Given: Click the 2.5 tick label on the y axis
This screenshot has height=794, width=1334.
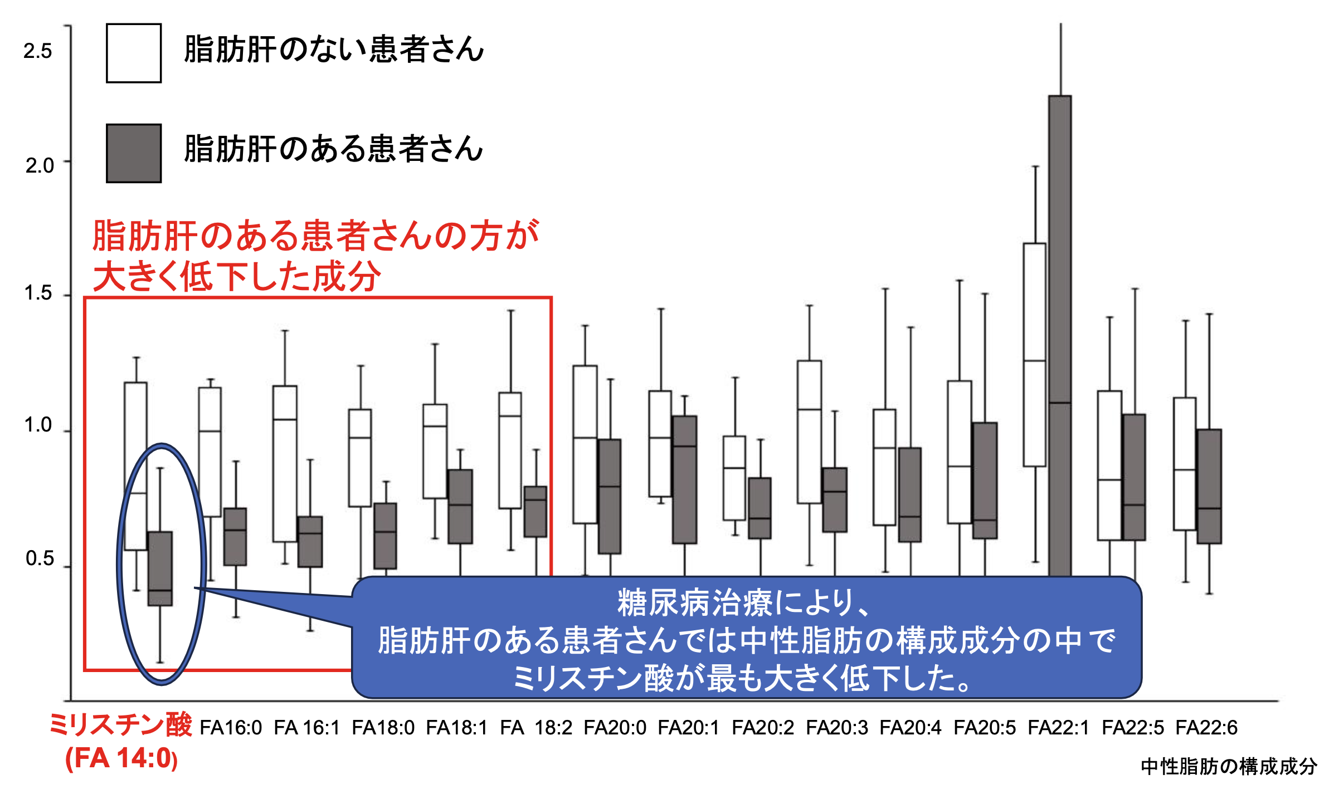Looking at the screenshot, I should (37, 51).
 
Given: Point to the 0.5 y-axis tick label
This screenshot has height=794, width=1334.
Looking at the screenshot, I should (39, 558).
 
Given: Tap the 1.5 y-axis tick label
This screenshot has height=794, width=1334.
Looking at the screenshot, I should (38, 293).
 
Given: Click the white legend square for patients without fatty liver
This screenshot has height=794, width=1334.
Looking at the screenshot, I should (134, 53).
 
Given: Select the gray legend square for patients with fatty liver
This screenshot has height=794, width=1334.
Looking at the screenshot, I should (134, 153).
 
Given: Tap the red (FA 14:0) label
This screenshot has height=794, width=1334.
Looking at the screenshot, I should (121, 758).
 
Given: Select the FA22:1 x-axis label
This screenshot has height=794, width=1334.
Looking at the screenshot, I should (1058, 728).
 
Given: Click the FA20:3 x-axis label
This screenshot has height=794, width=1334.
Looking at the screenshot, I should (836, 728).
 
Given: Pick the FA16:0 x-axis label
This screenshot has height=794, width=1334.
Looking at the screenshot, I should (231, 728).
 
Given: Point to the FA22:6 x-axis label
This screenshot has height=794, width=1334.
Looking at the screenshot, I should (1206, 728).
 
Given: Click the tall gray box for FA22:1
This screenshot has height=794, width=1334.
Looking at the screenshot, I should (1060, 334).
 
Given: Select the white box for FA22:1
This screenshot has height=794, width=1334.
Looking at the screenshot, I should (1035, 355).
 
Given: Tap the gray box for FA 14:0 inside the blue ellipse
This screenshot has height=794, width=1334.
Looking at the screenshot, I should (160, 568).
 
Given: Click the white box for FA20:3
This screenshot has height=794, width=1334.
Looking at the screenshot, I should (809, 432).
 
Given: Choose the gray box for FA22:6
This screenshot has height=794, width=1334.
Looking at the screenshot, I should (1209, 486).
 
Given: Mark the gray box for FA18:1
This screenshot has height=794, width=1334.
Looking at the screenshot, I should (460, 506).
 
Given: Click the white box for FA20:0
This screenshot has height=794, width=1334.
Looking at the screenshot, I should (585, 444).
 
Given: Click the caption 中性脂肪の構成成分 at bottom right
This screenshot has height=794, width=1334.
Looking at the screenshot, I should (1229, 767).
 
